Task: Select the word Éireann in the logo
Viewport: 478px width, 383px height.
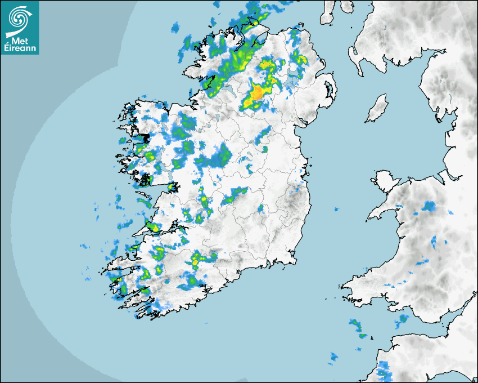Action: pos(20,48)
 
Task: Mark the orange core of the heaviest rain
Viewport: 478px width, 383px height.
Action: pos(257,93)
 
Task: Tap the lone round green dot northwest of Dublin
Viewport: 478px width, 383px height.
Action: pos(264,149)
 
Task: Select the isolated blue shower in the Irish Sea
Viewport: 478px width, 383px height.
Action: pos(336,210)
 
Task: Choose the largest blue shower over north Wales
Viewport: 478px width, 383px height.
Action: pos(429,207)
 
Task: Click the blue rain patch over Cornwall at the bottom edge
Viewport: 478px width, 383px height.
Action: pos(383,369)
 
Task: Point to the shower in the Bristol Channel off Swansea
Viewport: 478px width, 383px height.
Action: pos(403,320)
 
